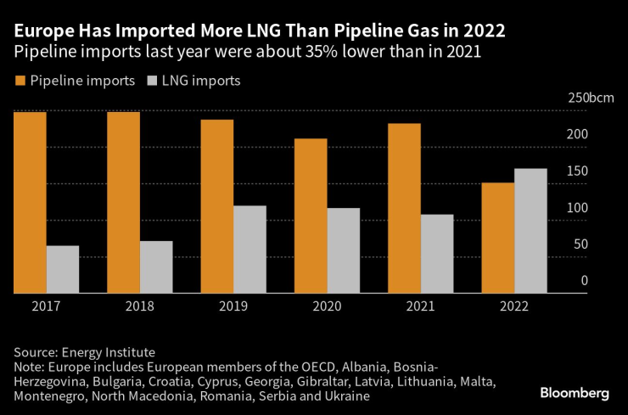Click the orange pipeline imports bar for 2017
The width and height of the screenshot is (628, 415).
click(x=30, y=203)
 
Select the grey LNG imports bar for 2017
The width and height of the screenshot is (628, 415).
click(x=63, y=270)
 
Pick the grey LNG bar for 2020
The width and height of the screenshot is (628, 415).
click(x=343, y=250)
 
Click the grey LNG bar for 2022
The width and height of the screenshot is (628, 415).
click(x=530, y=231)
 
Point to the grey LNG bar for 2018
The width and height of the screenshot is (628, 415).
click(x=156, y=267)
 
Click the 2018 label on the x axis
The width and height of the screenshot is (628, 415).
click(x=140, y=306)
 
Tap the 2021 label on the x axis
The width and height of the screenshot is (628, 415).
click(x=420, y=306)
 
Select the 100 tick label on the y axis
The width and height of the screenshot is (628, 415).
click(x=576, y=208)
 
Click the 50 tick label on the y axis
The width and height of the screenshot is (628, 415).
click(x=580, y=244)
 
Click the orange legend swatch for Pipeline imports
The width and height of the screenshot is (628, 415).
click(x=20, y=82)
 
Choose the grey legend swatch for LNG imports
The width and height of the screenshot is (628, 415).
click(x=152, y=82)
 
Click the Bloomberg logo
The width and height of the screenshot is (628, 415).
click(x=575, y=393)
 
